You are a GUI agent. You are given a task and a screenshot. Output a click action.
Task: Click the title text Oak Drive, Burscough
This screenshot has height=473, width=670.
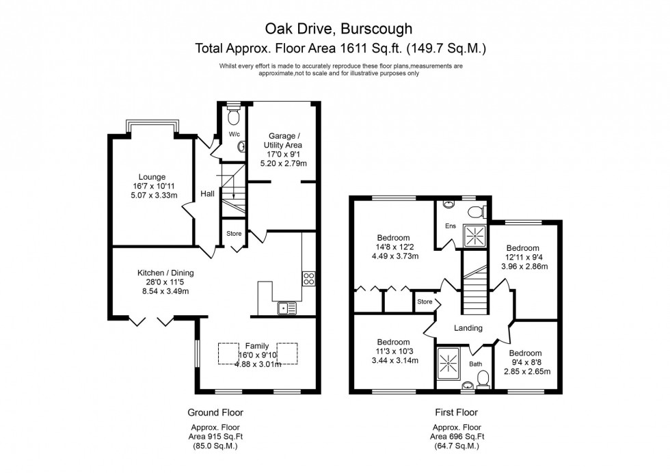point(339,29)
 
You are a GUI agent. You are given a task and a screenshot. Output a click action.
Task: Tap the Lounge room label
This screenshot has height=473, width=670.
point(152,177)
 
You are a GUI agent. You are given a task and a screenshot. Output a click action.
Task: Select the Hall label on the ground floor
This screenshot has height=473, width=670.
point(207,194)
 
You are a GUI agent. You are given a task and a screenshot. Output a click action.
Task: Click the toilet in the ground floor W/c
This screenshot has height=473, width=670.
point(233,111)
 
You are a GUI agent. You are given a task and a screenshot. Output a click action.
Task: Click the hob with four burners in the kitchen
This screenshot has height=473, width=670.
point(308,278)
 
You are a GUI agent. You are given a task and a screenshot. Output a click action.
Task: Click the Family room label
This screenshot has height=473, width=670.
point(257,346)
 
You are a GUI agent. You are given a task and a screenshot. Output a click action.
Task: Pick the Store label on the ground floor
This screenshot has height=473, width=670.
point(234,234)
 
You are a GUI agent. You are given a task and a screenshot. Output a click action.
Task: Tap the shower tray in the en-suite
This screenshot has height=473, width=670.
point(473,236)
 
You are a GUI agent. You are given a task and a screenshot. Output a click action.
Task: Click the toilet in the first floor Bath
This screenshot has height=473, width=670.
point(483,378)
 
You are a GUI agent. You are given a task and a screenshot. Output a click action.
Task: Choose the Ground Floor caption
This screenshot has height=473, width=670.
point(215,413)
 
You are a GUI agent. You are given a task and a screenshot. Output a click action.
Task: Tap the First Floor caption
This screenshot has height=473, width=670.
point(456,413)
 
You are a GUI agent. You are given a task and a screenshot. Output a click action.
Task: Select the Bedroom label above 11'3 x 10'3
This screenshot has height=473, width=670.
point(393,342)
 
